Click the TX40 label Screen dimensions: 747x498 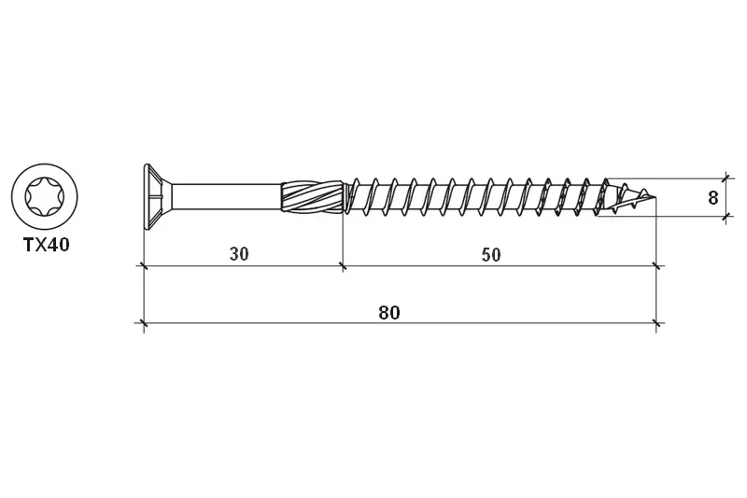pos(47,245)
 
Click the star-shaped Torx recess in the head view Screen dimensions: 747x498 pos(44,197)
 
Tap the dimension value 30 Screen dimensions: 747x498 pos(239,254)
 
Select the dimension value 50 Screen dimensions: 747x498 pos(491,255)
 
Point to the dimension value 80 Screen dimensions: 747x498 pos(389,313)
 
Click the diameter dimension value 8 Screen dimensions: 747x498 pos(712,198)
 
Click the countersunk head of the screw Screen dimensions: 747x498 pos(157,196)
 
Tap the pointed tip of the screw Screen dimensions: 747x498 pos(655,197)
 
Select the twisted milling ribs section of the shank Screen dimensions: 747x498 pos(312,196)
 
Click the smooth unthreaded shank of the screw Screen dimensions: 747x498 pos(226,196)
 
